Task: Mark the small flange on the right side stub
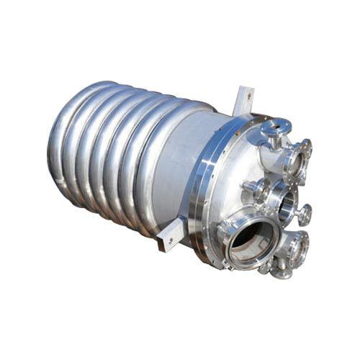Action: [x=307, y=214]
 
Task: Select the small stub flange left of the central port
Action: [x=253, y=189]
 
